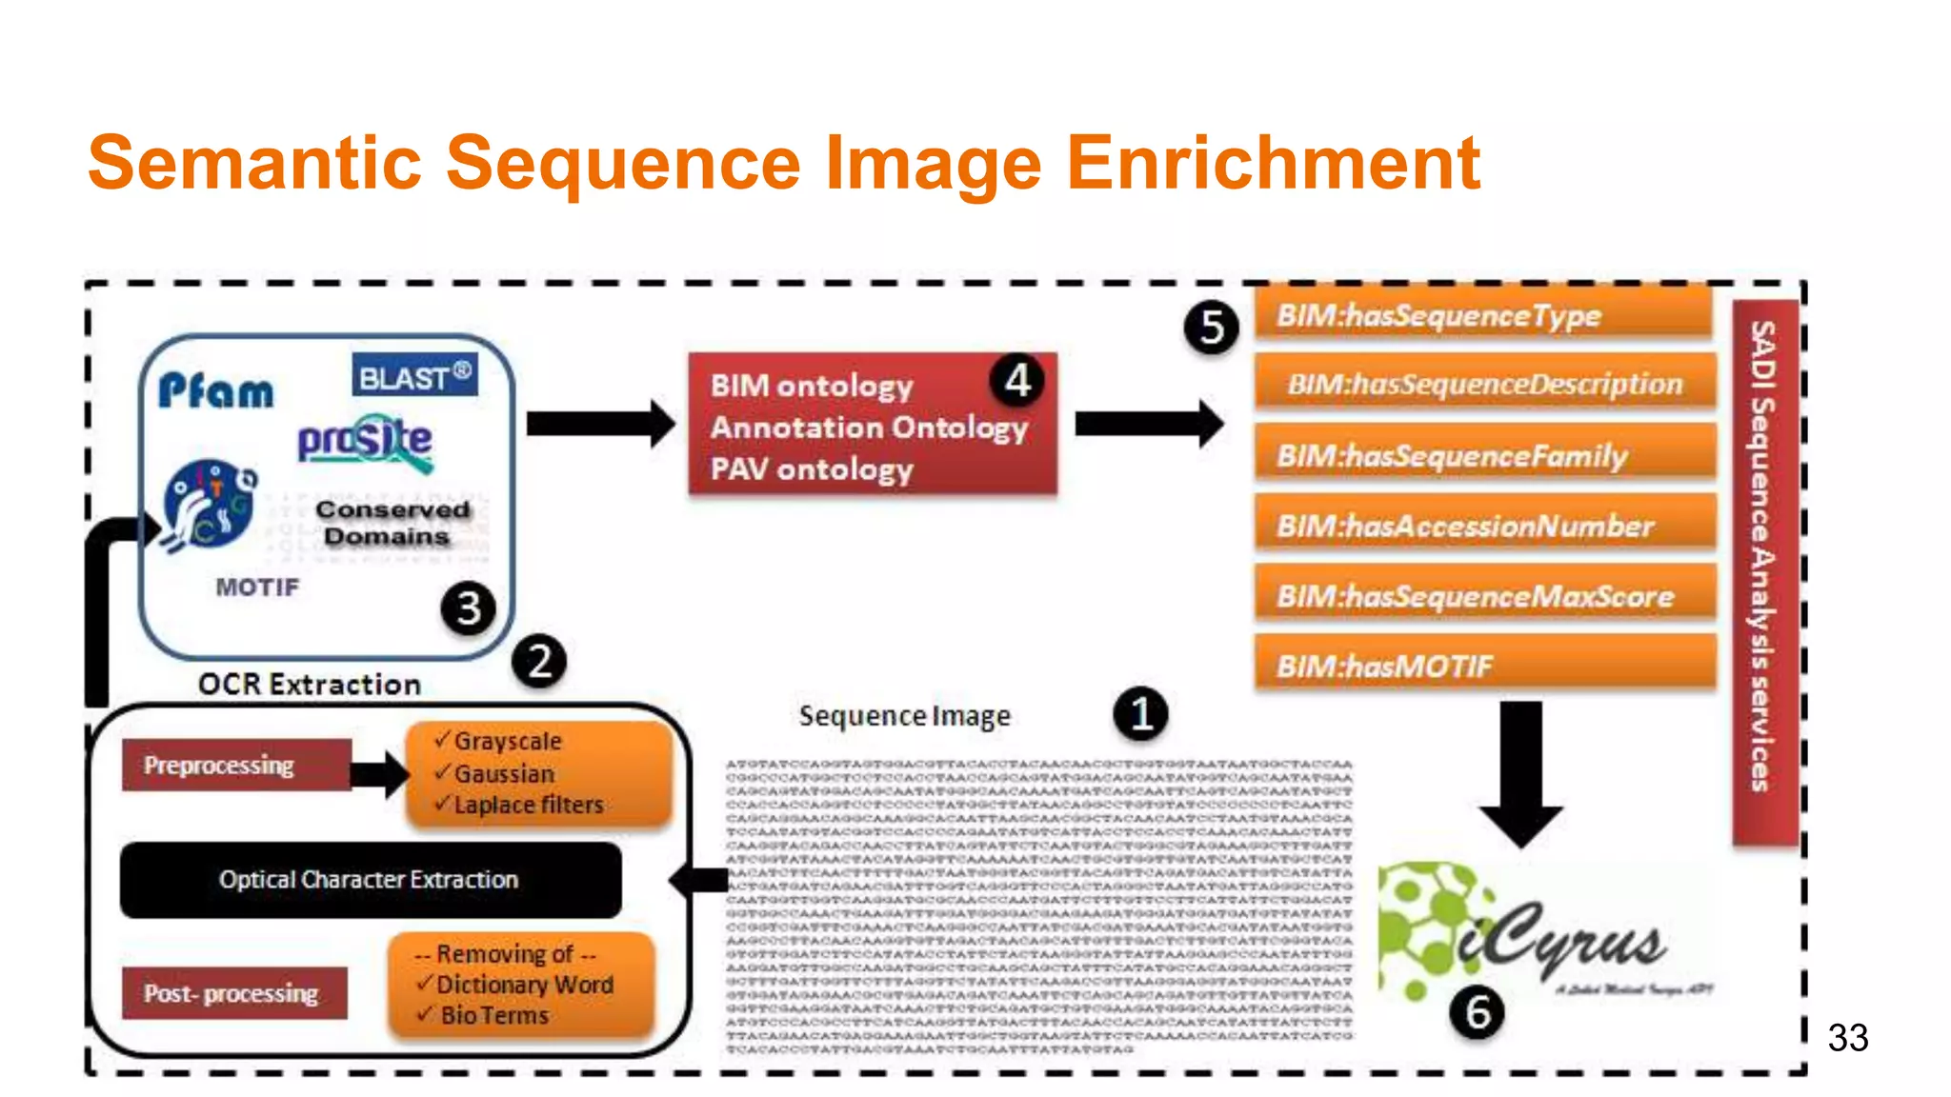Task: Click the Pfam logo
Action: click(216, 390)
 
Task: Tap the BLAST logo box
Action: click(414, 376)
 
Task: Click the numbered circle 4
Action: click(1017, 381)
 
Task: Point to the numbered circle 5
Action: click(1211, 328)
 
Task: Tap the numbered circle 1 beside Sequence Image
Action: click(1140, 713)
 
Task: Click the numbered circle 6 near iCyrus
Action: click(1477, 1012)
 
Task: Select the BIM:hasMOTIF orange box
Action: click(1484, 665)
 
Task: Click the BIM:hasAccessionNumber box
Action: click(1484, 526)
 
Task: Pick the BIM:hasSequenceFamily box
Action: click(1484, 455)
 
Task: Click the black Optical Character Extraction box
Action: click(370, 879)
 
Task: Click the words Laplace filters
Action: click(529, 805)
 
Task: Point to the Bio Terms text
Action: click(494, 1015)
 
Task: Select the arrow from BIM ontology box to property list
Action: click(1148, 425)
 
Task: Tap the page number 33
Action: click(1847, 1037)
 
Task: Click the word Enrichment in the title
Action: click(1273, 163)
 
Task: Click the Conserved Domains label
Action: click(392, 523)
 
